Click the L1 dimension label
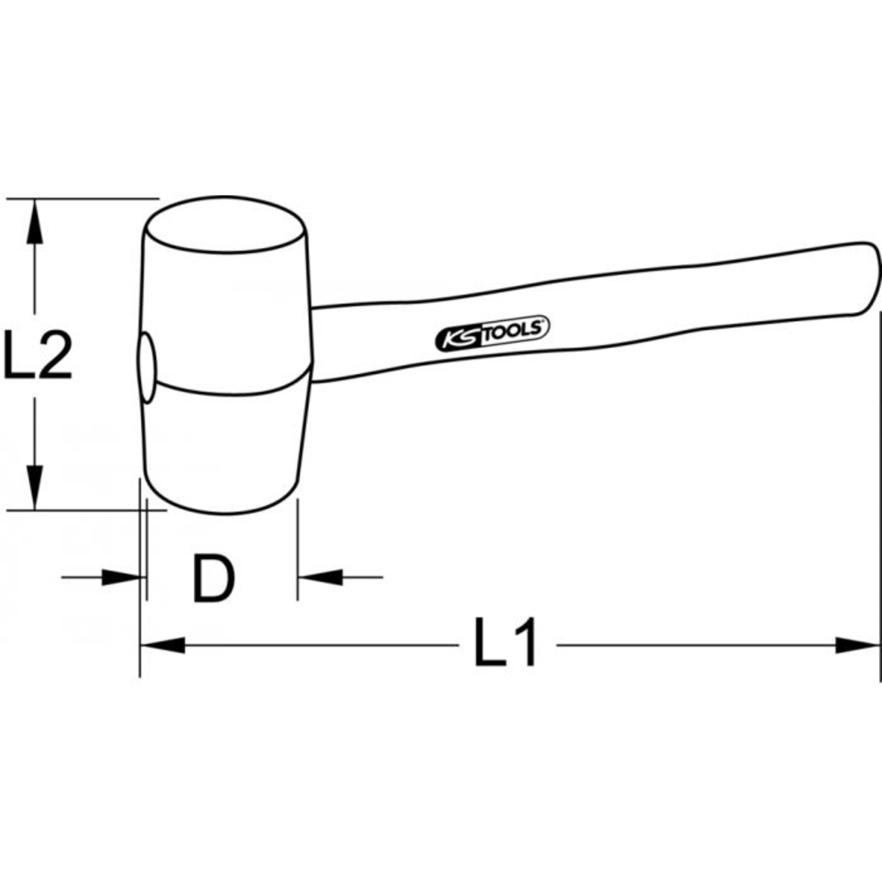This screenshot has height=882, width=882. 505,646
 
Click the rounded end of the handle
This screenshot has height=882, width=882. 868,273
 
